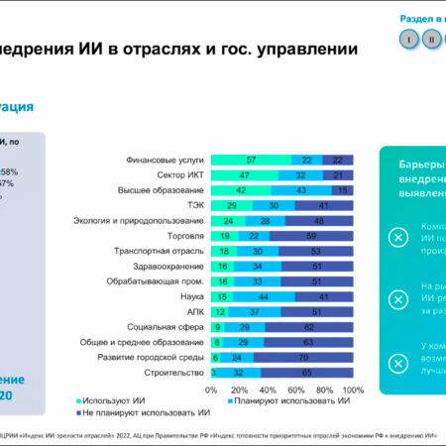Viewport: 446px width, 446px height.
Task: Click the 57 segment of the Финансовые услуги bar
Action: click(252, 160)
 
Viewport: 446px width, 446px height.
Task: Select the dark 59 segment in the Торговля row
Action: click(311, 236)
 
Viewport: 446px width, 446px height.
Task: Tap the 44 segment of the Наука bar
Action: click(264, 295)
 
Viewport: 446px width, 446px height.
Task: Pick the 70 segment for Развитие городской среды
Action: click(303, 356)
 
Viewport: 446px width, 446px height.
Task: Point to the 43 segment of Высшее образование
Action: click(301, 190)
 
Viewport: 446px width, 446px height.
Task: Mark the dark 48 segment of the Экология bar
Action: click(319, 221)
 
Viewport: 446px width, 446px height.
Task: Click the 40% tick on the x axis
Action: click(268, 390)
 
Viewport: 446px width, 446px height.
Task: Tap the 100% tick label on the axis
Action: click(352, 390)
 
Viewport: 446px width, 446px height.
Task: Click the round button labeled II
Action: click(431, 40)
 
